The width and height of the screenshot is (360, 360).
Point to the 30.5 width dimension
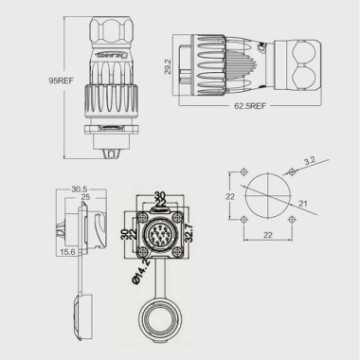click(x=80, y=189)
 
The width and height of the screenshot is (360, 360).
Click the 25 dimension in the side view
click(x=85, y=198)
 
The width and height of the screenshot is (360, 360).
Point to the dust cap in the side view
click(x=80, y=312)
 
